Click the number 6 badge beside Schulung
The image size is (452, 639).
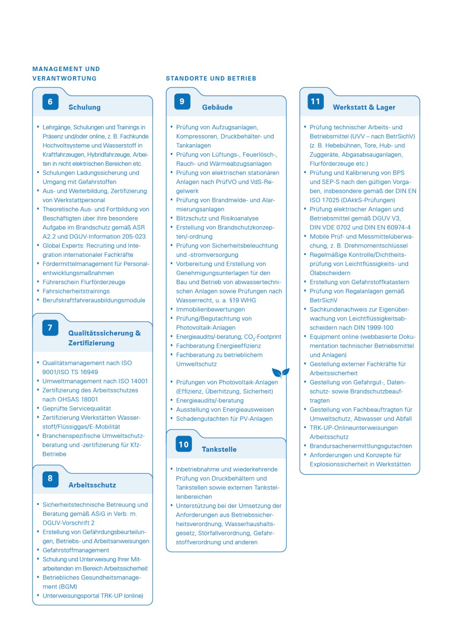50,102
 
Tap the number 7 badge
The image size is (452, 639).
50,328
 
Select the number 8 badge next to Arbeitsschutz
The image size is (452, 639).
50,479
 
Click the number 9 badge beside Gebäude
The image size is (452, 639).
182,101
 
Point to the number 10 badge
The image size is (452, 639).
184,444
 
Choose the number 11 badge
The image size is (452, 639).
316,101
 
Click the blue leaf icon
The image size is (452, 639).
280,372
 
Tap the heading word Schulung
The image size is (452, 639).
84,107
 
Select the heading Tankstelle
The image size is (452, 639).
219,449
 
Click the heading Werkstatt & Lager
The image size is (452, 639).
364,107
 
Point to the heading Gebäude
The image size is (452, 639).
217,107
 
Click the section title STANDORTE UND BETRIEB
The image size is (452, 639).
211,79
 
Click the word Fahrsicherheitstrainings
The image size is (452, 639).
76,291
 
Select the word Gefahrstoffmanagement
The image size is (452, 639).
76,550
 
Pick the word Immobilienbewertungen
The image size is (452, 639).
211,309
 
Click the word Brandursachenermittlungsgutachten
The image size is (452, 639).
361,446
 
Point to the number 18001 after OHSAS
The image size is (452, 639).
90,399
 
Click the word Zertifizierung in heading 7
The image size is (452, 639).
91,343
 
